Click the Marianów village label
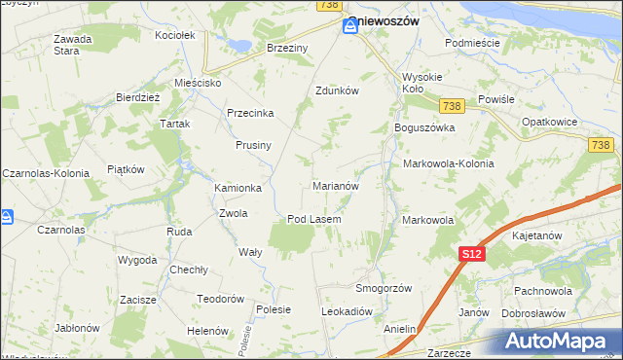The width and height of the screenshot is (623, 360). click(x=336, y=185)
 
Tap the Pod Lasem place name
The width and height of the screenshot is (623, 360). click(x=313, y=219)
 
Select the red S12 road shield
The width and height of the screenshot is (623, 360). click(x=472, y=254)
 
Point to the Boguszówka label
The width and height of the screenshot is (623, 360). click(x=424, y=127)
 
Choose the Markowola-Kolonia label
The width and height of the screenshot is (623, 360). click(x=448, y=163)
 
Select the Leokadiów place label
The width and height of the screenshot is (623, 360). click(x=348, y=311)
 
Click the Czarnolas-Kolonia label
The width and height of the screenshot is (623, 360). click(x=46, y=173)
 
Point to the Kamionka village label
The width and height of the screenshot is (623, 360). click(x=238, y=188)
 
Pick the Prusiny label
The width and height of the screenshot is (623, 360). click(x=253, y=145)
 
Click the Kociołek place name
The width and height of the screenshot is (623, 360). click(x=175, y=35)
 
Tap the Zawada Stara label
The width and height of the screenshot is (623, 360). click(x=73, y=45)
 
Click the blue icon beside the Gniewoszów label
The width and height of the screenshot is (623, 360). click(x=349, y=28)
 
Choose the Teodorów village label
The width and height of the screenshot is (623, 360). click(x=219, y=299)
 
